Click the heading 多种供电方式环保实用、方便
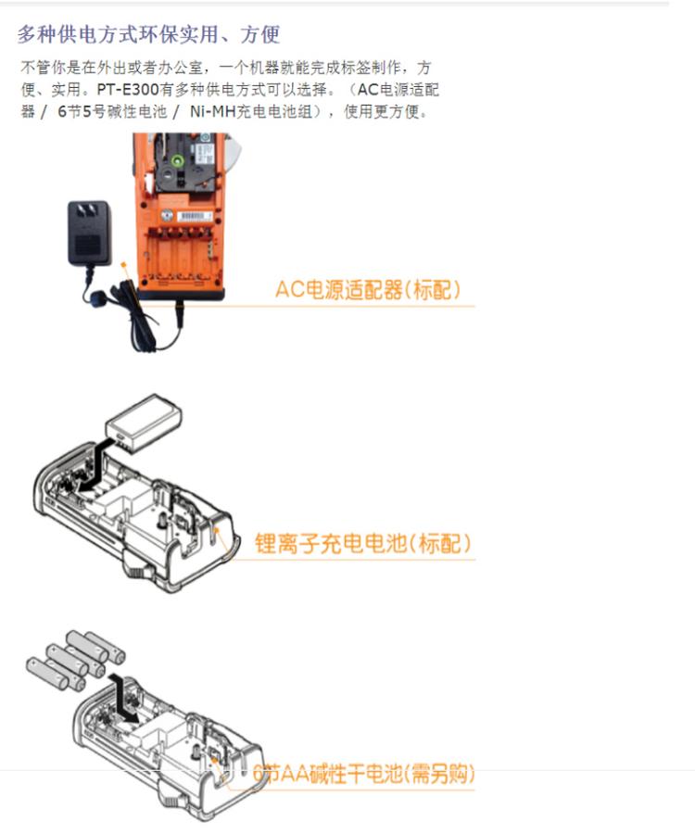point(149,35)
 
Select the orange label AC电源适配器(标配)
point(367,290)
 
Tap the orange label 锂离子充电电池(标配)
point(362,543)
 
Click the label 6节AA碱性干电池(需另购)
point(362,775)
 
